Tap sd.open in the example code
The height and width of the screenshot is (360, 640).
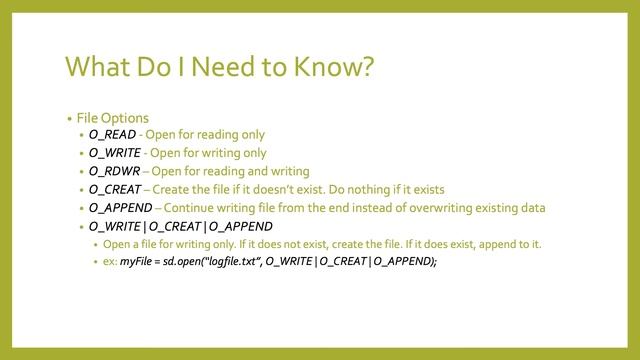click(181, 262)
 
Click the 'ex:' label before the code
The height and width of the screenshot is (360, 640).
click(109, 262)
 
